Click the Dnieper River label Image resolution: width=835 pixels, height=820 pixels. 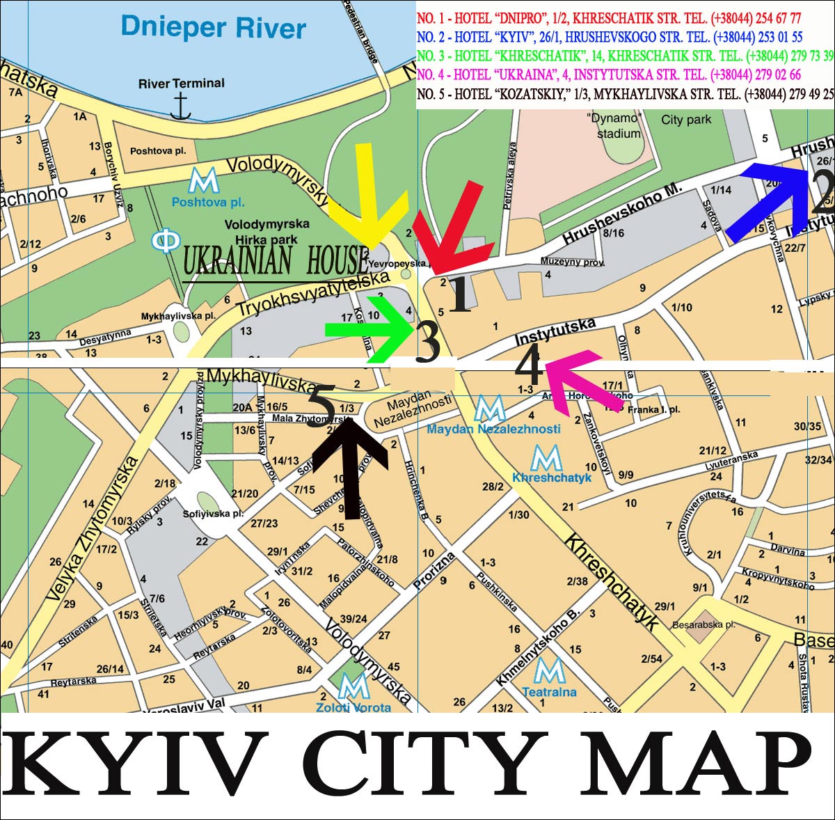[213, 28]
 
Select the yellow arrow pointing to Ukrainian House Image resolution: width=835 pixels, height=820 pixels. [367, 202]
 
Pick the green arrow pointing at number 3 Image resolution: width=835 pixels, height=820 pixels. [369, 329]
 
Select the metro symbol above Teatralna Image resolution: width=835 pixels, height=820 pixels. [550, 671]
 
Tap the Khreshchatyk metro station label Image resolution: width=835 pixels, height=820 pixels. [551, 478]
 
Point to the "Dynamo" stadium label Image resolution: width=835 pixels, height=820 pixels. [614, 125]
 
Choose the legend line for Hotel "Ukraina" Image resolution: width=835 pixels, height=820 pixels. [609, 74]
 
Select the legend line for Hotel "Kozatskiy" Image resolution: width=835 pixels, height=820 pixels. [625, 93]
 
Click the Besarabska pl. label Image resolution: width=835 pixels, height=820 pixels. [703, 625]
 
